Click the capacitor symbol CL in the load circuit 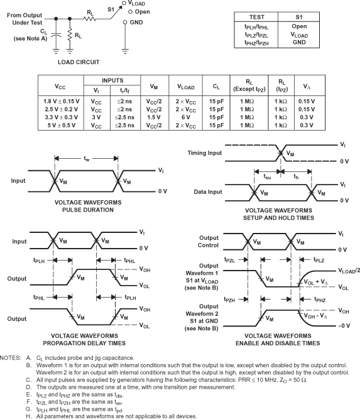click(56, 35)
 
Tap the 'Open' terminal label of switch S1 click(143, 12)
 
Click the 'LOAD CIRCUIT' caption click(79, 62)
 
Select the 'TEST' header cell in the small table click(256, 17)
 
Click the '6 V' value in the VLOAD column click(185, 117)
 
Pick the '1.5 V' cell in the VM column click(153, 117)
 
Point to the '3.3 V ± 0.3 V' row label click(62, 117)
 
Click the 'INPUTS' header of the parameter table click(112, 80)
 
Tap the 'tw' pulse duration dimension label click(86, 159)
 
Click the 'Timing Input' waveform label click(205, 153)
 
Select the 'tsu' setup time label click(267, 176)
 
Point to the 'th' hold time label click(296, 176)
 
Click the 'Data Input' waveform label click(208, 192)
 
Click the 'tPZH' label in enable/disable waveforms click(229, 299)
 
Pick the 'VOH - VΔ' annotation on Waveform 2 click(315, 316)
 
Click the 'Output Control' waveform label click(209, 242)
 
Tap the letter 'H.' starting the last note click(29, 416)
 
